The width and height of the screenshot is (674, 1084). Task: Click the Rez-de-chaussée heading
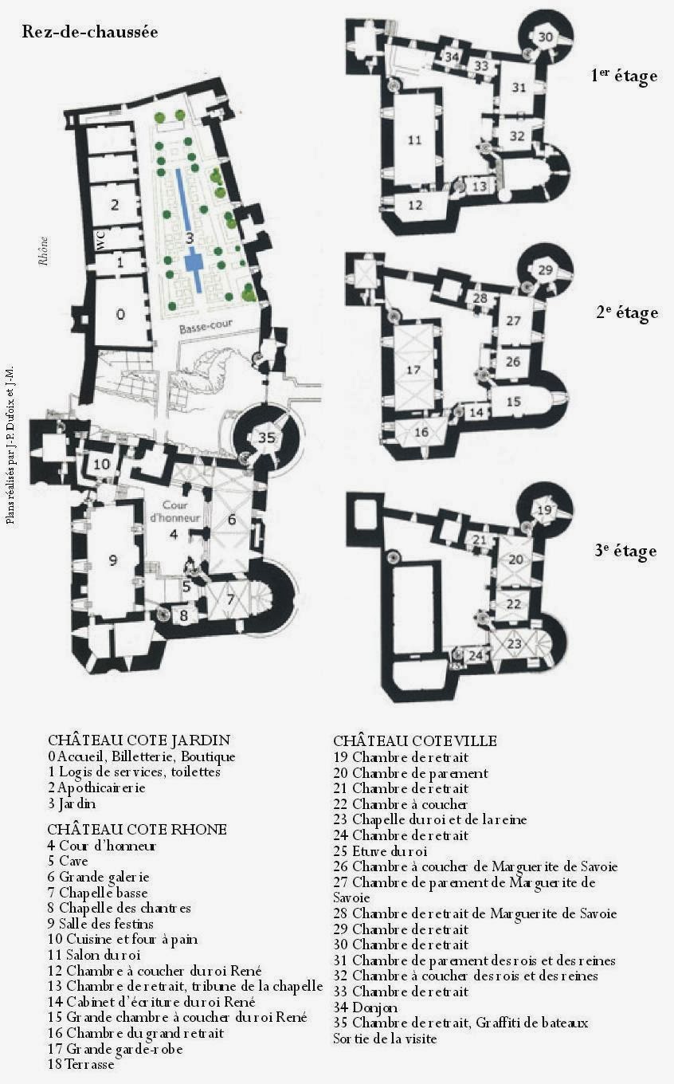90,32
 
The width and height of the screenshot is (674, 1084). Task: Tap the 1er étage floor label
624,76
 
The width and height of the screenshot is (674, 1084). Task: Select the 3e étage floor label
625,552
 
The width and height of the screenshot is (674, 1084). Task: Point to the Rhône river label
44,250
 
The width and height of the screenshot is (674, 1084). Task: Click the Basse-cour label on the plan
206,327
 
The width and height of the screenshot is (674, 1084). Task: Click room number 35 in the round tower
267,438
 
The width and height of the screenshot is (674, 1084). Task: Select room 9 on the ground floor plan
113,560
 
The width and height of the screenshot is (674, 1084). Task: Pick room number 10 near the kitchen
102,465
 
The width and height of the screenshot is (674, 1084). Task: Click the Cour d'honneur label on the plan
174,511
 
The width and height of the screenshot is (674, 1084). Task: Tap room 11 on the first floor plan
414,139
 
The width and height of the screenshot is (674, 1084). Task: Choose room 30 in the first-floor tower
545,37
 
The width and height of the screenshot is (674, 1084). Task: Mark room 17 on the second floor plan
413,370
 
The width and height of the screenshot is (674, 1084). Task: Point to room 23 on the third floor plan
515,644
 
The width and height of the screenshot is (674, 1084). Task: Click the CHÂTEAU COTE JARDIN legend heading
139,740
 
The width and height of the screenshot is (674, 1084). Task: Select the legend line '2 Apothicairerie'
96,787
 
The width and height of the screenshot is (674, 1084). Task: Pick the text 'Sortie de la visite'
385,1039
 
